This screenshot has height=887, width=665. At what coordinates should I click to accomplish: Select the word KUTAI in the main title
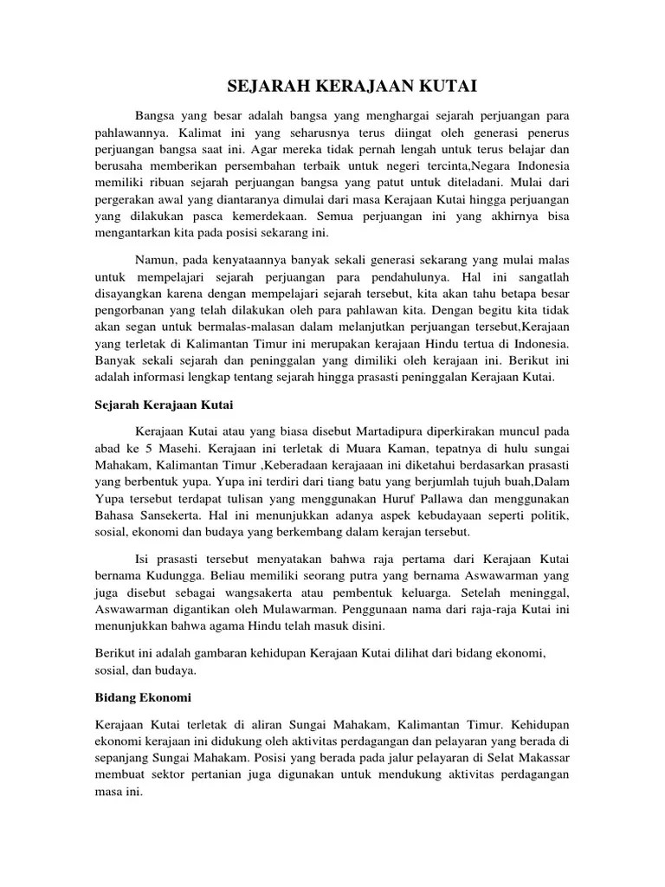(444, 86)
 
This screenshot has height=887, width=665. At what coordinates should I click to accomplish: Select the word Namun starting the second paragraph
(158, 261)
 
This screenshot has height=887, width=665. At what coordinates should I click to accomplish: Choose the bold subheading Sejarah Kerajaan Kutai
(164, 405)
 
